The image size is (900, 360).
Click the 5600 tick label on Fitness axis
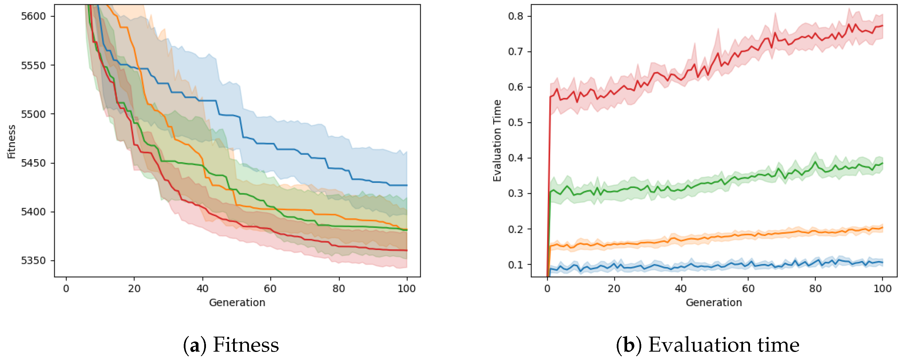point(33,16)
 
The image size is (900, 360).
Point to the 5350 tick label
point(33,261)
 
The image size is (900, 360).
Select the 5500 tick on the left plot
point(33,114)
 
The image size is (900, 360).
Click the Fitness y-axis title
point(12,142)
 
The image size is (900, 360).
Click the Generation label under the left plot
point(237,302)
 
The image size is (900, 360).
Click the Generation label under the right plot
point(713,302)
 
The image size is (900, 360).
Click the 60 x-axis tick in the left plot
point(270,289)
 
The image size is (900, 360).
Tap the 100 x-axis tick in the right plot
point(882,289)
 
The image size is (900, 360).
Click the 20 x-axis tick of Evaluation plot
point(614,289)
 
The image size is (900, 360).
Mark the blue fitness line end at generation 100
point(406,185)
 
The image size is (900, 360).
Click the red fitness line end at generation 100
point(406,250)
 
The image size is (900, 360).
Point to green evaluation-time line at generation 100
point(882,163)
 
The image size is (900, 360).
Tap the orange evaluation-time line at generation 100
point(882,228)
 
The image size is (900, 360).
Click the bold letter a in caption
point(195,345)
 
